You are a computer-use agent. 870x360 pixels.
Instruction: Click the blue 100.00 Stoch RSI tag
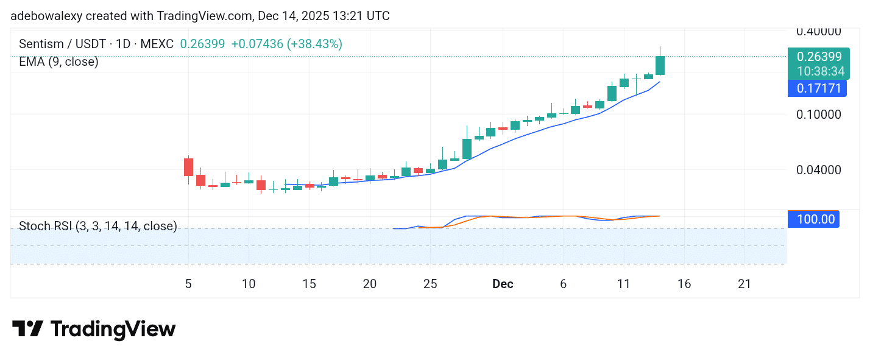[813, 219]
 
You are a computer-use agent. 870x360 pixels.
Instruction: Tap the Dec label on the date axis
[503, 284]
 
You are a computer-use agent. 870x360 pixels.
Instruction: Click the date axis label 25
[430, 284]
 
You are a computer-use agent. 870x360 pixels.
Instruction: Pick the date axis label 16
[684, 284]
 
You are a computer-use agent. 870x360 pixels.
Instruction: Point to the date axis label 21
[744, 284]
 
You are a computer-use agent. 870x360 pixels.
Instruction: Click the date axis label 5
[188, 284]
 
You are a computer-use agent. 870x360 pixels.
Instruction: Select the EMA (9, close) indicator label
[58, 62]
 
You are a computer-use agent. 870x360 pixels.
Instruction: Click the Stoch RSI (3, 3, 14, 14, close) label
[98, 227]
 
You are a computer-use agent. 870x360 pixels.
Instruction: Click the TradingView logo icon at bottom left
[27, 329]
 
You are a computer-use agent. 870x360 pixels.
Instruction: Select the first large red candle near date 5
[188, 167]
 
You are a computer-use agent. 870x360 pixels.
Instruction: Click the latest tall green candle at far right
[660, 65]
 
